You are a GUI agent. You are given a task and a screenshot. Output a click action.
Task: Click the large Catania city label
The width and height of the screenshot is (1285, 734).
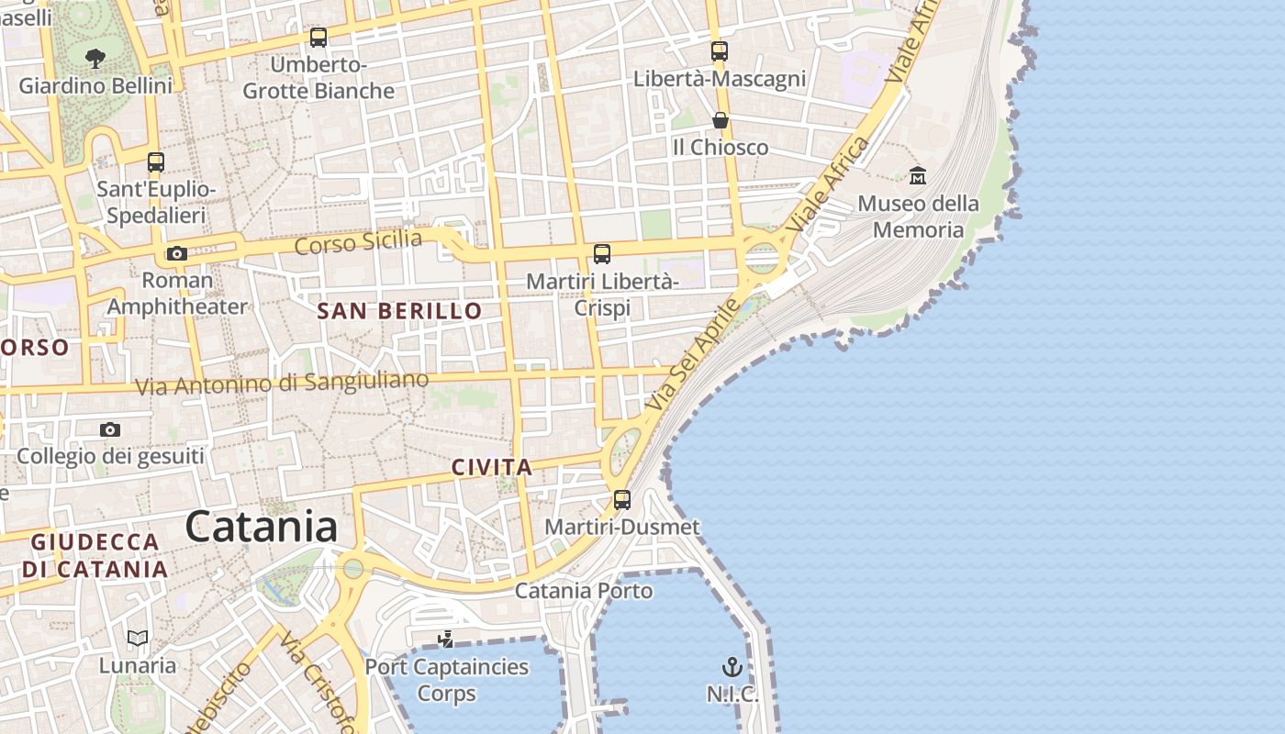[262, 528]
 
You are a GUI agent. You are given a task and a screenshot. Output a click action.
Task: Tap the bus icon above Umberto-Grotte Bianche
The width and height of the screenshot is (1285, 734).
[318, 38]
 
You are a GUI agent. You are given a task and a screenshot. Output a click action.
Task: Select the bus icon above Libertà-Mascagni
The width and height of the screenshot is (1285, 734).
[720, 51]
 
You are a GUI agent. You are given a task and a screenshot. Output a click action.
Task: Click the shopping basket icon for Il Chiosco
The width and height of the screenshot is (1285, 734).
[721, 120]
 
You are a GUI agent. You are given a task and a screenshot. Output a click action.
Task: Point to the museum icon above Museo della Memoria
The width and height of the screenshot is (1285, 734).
[917, 175]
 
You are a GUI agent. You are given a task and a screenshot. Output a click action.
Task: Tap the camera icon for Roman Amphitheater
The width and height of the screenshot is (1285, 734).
[176, 253]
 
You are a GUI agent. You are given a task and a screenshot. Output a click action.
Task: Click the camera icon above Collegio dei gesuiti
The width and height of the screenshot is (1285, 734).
[110, 429]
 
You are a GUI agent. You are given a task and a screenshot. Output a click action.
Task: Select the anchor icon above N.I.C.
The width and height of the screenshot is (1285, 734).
[732, 667]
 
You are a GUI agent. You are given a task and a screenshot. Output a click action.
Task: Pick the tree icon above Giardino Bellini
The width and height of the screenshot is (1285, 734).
[95, 60]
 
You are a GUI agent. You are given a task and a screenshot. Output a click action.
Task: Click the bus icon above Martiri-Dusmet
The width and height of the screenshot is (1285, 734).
[622, 500]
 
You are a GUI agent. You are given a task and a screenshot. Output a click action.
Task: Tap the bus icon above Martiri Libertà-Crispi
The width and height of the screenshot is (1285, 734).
[602, 254]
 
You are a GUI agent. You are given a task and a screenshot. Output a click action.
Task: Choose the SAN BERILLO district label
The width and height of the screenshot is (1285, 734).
[399, 311]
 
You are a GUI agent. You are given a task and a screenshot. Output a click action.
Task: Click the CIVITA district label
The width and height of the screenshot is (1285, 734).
[492, 467]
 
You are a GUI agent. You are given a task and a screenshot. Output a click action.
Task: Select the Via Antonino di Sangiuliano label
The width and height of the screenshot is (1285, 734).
[282, 384]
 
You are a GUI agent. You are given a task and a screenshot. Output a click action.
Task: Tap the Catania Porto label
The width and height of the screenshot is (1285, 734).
[584, 590]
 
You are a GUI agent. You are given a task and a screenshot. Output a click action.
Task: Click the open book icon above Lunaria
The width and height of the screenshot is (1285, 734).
[138, 638]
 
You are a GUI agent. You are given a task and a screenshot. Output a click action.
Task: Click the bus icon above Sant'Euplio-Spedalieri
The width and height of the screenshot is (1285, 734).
[156, 162]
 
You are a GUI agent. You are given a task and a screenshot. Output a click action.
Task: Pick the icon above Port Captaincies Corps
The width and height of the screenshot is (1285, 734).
[446, 639]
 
